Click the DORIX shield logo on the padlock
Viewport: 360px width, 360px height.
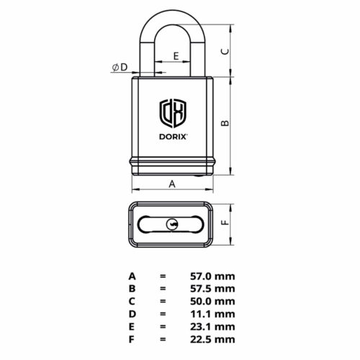[173, 112]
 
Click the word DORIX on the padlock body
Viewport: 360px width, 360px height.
[173, 134]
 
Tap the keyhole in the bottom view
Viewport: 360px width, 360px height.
[173, 225]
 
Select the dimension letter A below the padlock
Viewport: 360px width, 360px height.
[172, 184]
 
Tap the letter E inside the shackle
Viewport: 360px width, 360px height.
[176, 55]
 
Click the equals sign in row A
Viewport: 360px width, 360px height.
[163, 276]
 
